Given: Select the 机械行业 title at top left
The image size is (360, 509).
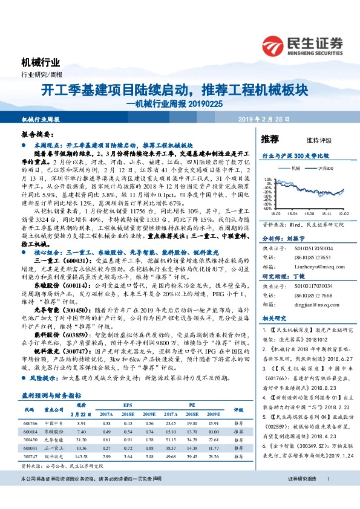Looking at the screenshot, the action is click(x=41, y=62).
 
